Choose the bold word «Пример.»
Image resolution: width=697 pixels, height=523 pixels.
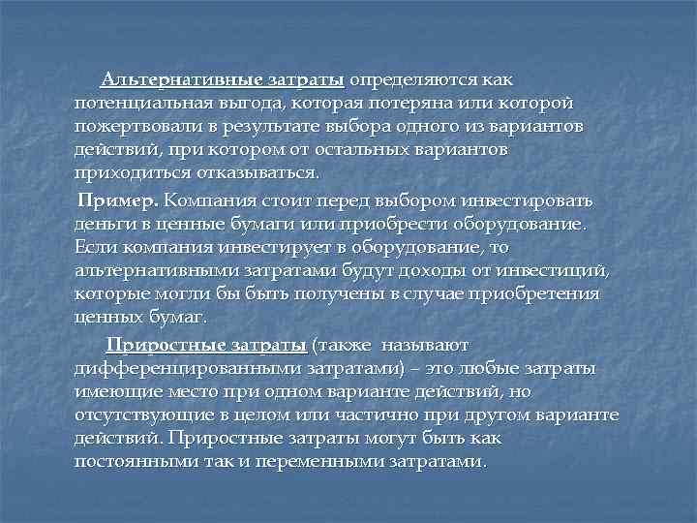point(119,200)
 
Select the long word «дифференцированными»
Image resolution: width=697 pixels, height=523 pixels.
point(188,368)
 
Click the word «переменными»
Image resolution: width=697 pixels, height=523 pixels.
point(291,462)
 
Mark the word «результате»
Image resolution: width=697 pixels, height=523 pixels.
point(267,127)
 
